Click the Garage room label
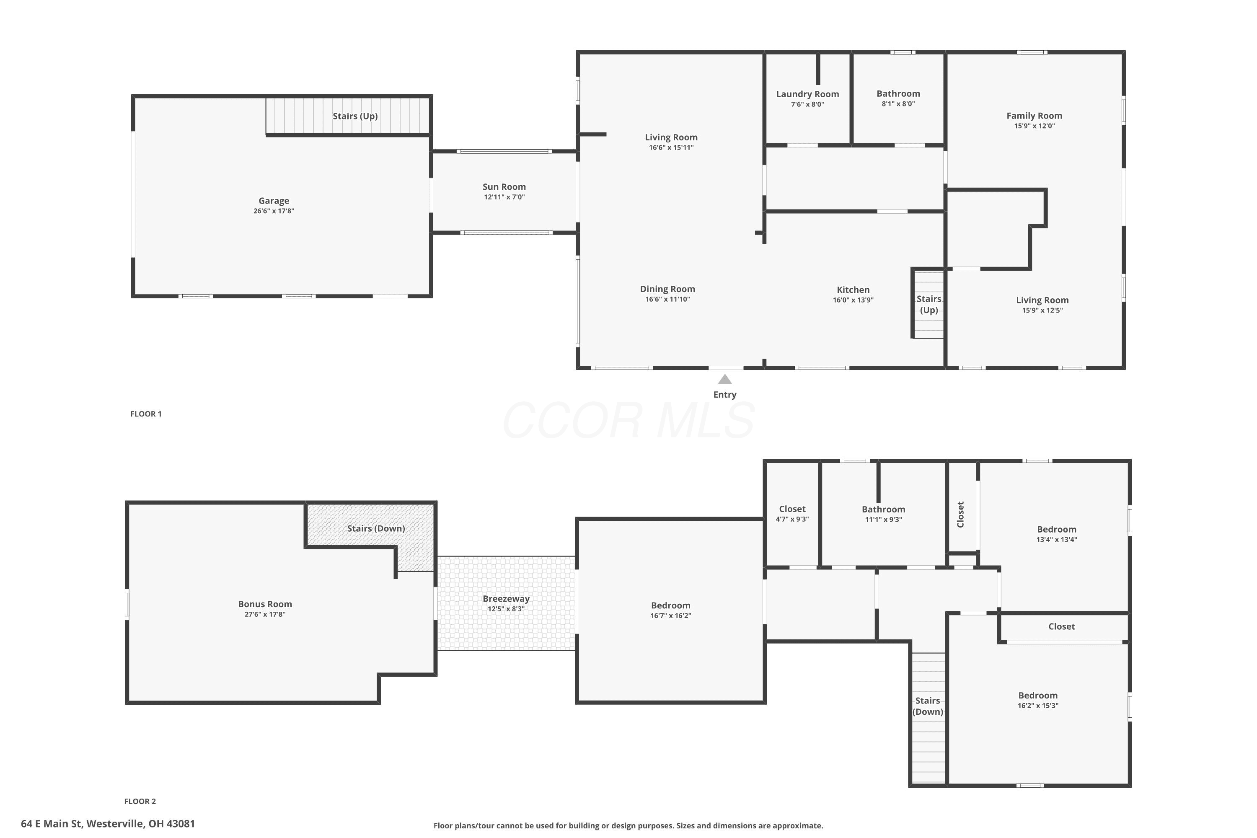click(x=274, y=201)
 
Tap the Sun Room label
click(x=504, y=186)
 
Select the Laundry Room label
click(x=807, y=94)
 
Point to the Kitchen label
click(x=853, y=290)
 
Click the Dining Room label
click(x=667, y=289)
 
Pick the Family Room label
click(x=1034, y=116)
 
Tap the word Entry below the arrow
click(x=725, y=394)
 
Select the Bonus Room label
click(x=265, y=604)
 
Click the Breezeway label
click(x=506, y=599)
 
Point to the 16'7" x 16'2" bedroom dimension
click(x=671, y=615)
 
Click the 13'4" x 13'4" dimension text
click(x=1057, y=539)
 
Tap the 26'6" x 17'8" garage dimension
click(x=274, y=211)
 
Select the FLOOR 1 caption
click(x=146, y=414)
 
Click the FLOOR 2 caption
click(x=140, y=801)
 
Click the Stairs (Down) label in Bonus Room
click(x=376, y=528)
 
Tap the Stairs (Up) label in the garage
click(x=355, y=116)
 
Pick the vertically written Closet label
click(x=960, y=514)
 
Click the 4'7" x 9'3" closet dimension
click(x=792, y=519)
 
